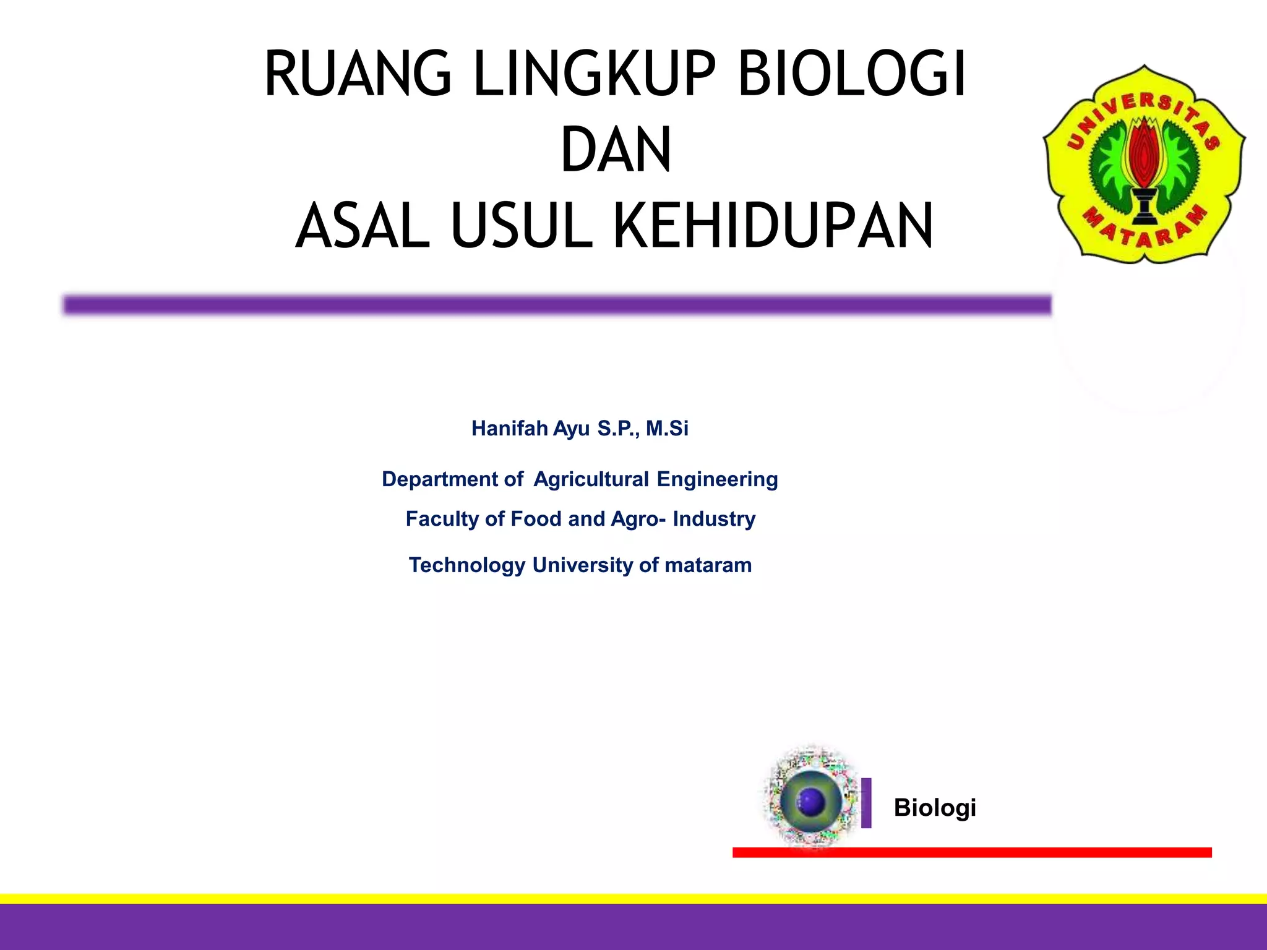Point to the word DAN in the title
click(x=616, y=150)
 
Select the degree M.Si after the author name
click(x=667, y=428)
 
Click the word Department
click(x=440, y=479)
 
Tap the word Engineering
click(x=717, y=479)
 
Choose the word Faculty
click(x=442, y=519)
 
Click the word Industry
click(x=714, y=519)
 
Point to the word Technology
click(x=467, y=565)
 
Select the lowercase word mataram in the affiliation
click(x=708, y=565)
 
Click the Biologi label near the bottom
click(x=935, y=808)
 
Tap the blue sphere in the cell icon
click(x=811, y=802)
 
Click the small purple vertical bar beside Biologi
click(x=866, y=803)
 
